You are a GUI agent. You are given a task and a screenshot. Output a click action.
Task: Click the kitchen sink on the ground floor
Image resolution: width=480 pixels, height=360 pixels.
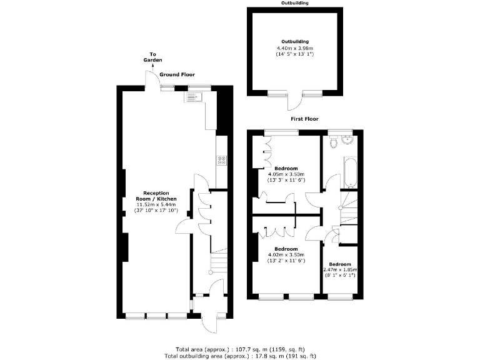192,97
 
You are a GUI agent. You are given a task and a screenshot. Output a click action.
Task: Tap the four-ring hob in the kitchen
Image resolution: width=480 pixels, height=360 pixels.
221,160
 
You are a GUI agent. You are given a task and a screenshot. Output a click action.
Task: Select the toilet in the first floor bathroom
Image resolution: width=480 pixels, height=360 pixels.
335,142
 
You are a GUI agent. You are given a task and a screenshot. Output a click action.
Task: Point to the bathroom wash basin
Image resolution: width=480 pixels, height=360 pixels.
348,139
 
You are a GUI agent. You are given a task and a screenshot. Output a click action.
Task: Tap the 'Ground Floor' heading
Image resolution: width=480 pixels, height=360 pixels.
177,74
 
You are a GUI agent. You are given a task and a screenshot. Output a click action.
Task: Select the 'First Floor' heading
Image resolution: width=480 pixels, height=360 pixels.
304,118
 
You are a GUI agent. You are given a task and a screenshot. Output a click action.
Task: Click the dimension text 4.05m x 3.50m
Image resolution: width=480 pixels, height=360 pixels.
286,174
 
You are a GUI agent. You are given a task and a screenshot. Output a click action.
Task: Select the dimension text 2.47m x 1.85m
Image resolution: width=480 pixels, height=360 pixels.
341,269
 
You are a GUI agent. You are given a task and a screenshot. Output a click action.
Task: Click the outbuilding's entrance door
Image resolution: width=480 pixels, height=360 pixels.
294,102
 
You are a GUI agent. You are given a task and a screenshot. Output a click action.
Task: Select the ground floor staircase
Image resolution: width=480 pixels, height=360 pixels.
217,262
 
